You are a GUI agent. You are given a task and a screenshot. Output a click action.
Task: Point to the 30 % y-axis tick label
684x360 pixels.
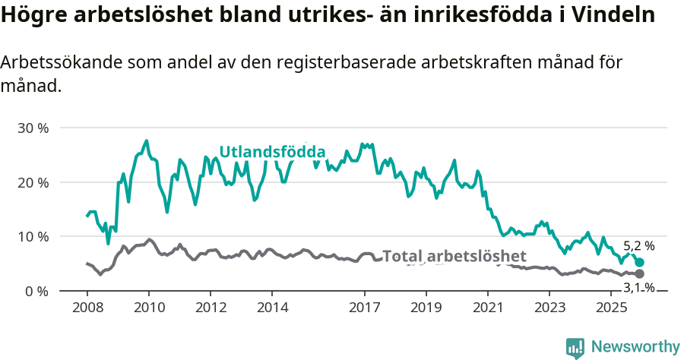pos(33,128)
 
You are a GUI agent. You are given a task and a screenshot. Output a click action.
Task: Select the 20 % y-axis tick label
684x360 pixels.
pos(33,182)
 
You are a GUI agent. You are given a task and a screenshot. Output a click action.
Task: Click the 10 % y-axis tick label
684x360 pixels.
pos(33,236)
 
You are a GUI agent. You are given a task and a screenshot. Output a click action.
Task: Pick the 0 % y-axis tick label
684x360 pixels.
pos(36,291)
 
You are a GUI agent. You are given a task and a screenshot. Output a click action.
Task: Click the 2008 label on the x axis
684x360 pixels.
pos(87,308)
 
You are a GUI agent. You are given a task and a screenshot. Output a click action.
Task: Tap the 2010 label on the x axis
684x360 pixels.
pos(148,308)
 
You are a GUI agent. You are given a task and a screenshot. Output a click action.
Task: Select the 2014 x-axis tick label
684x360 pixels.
pos(272,308)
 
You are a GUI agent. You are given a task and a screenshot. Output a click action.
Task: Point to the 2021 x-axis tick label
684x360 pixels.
pos(487,308)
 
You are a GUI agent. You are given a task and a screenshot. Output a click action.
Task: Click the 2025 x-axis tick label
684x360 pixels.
pos(610,308)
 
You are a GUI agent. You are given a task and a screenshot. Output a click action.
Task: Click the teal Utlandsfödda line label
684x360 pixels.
pos(272,151)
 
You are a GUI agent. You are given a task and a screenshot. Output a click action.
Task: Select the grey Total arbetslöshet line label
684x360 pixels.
pos(454,256)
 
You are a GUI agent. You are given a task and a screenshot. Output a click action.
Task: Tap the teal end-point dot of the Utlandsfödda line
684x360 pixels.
pos(639,262)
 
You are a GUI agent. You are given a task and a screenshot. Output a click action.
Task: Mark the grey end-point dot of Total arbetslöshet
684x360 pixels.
pos(639,273)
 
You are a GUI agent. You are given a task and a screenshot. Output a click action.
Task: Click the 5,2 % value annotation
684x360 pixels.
pos(638,246)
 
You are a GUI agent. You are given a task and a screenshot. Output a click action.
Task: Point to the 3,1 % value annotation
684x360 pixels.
pos(638,287)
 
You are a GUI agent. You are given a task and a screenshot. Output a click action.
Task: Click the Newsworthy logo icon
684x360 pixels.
pos(575,347)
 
